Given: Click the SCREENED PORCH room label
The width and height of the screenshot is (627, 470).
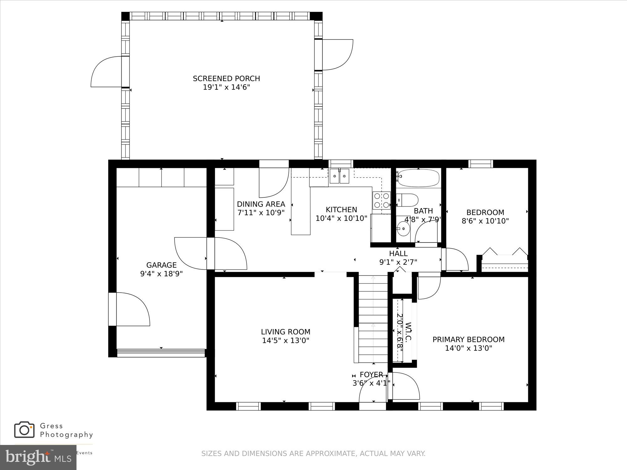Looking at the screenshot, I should (x=226, y=78).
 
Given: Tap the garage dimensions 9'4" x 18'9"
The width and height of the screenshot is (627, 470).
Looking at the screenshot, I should (x=161, y=274).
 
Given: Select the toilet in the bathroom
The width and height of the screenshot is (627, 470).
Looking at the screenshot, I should (x=407, y=200).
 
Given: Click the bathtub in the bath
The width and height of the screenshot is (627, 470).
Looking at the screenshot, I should (x=418, y=178).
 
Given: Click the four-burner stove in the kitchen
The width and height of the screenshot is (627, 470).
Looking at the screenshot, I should (x=382, y=201).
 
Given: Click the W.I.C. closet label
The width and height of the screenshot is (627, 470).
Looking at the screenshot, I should (x=408, y=332).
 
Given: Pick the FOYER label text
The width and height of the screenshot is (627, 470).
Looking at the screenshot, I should (x=371, y=374).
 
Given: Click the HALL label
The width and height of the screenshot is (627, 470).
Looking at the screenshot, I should (x=398, y=253).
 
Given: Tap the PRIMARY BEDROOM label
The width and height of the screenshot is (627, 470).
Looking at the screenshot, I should (x=468, y=339).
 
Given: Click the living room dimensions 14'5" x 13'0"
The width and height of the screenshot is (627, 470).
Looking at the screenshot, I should (x=286, y=341).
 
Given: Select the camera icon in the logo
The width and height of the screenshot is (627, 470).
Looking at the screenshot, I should (x=24, y=430).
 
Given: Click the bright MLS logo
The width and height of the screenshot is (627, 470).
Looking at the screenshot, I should (x=38, y=457).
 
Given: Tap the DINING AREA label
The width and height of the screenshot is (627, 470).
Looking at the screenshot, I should (x=261, y=204).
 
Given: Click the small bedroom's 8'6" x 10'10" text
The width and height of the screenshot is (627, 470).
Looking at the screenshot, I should (x=485, y=221).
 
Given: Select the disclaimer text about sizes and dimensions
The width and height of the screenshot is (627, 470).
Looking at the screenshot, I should (x=313, y=453).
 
